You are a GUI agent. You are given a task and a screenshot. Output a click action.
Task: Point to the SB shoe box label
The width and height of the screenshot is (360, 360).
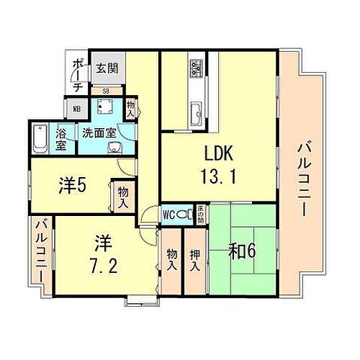point(106,91)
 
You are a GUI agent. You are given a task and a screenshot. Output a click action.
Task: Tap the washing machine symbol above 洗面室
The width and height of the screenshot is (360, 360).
point(104,109)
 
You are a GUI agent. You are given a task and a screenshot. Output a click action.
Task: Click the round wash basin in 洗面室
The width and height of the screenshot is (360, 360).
point(112,149)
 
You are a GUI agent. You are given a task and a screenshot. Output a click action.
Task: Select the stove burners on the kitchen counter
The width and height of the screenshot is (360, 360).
point(197,70)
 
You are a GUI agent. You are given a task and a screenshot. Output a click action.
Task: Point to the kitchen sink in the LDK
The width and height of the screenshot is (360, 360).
point(197,112)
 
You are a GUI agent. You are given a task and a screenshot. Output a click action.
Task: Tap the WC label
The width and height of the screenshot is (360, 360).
point(168,214)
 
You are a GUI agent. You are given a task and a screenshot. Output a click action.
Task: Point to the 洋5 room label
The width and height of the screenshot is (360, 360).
point(72,185)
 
